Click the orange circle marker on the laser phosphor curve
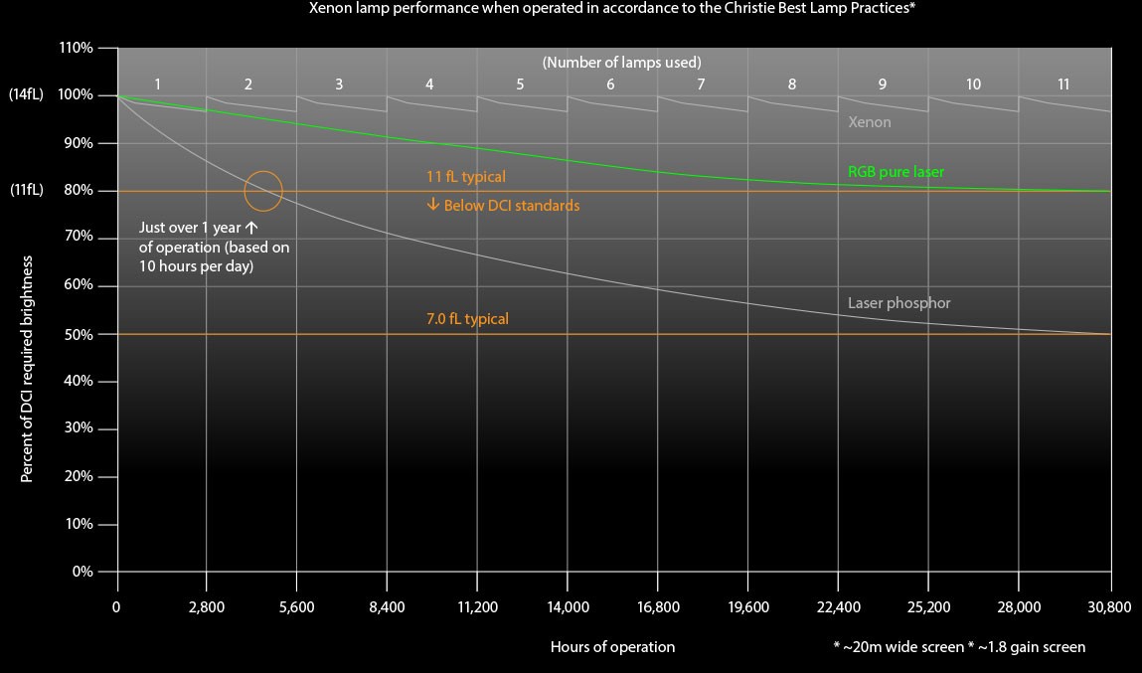tap(263, 191)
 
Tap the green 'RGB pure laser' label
tap(896, 172)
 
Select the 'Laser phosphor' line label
tap(898, 303)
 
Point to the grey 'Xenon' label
tap(869, 122)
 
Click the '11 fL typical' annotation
tap(466, 177)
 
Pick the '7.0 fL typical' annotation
tap(467, 319)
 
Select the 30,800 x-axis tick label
tap(1111, 606)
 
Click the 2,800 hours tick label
tap(207, 606)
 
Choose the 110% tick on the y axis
tap(77, 48)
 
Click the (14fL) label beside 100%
tap(26, 95)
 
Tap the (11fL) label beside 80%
tap(26, 191)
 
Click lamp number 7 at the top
tap(701, 84)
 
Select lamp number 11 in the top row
tap(1063, 84)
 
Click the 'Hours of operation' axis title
tap(612, 647)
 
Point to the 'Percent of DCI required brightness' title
tap(27, 369)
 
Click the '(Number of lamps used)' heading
tap(622, 62)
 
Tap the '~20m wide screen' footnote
tap(898, 647)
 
